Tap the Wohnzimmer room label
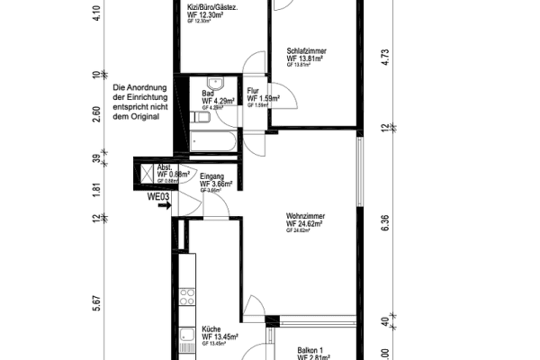pyautogui.click(x=305, y=217)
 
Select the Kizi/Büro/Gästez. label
pyautogui.click(x=211, y=7)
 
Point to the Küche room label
pyautogui.click(x=211, y=328)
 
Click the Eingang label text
pyautogui.click(x=212, y=176)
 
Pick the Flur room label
pyautogui.click(x=253, y=91)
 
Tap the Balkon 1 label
pyautogui.click(x=315, y=351)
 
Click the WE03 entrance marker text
pyautogui.click(x=159, y=195)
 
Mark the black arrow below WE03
pyautogui.click(x=163, y=206)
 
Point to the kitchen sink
pyautogui.click(x=187, y=340)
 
